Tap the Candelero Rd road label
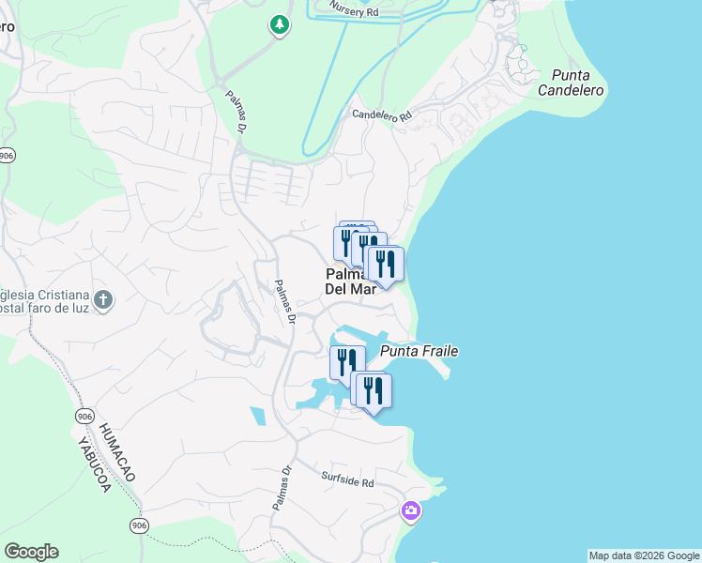[x=382, y=115]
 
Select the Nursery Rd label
[x=354, y=11]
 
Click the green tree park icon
[x=279, y=24]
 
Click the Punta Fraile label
[x=420, y=351]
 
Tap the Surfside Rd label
[x=347, y=482]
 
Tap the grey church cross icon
[x=103, y=300]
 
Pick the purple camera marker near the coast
[x=410, y=511]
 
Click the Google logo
[x=31, y=552]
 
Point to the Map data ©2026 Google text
[x=643, y=555]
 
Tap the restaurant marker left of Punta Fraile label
[x=347, y=361]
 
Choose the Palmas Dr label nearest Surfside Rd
[x=280, y=488]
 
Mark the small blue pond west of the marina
[x=257, y=416]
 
